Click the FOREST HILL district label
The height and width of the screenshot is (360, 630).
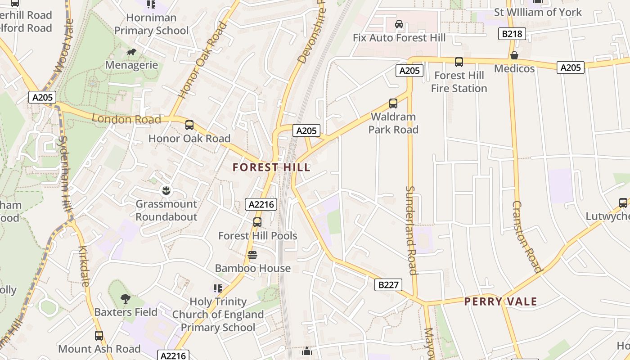(x=271, y=167)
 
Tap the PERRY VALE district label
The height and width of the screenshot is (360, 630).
(x=500, y=301)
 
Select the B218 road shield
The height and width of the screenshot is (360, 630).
(x=512, y=34)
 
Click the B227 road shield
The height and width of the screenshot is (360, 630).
(x=388, y=284)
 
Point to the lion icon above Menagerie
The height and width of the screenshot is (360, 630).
(x=131, y=52)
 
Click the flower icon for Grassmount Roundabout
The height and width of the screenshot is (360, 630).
(x=166, y=191)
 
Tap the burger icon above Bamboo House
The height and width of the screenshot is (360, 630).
(x=252, y=255)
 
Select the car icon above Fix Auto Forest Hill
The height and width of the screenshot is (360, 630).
(x=399, y=24)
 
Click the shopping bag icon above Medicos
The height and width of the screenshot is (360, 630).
(x=514, y=55)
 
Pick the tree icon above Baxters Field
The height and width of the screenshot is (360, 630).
(x=126, y=298)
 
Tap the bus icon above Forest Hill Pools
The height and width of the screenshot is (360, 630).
(x=257, y=222)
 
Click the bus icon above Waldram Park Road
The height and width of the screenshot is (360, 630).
(x=393, y=103)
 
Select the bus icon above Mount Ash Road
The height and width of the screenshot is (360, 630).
(x=99, y=335)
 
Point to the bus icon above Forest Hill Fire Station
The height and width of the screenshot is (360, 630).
(x=459, y=62)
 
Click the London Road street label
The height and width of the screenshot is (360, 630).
(x=126, y=119)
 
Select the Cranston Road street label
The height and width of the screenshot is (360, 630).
(x=526, y=237)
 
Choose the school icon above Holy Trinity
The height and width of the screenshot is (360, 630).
(x=218, y=288)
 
